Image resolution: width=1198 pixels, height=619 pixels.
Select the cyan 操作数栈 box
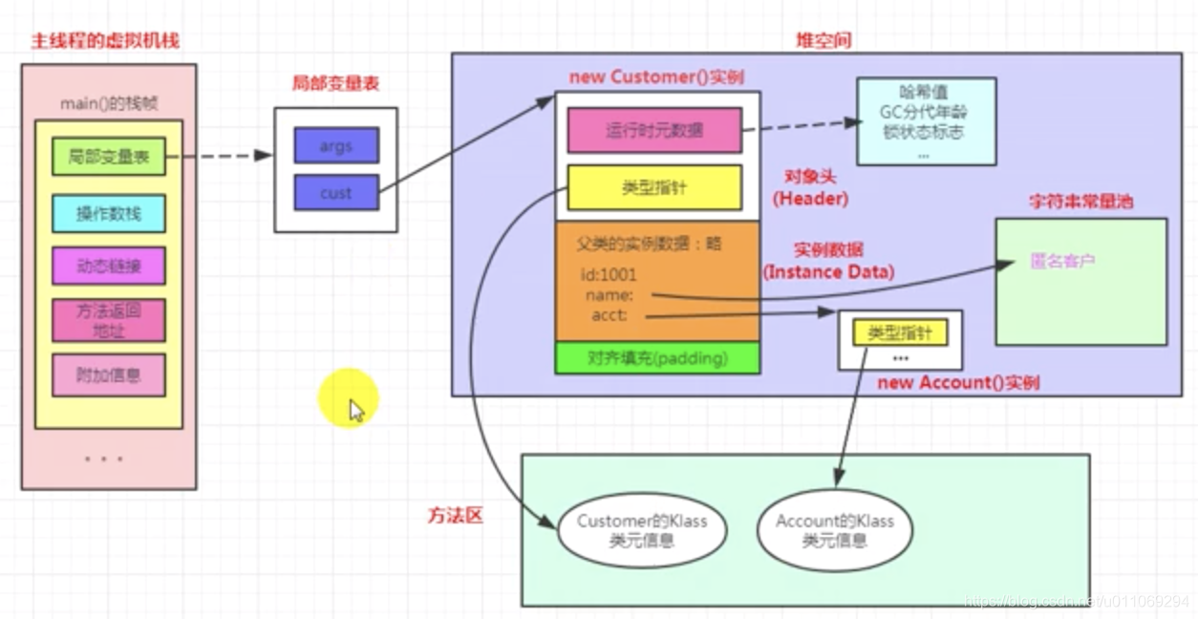point(108,213)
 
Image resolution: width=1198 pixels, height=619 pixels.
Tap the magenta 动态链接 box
point(108,266)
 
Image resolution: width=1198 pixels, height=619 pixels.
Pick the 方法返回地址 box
point(108,321)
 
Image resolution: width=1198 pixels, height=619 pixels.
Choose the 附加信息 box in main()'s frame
point(108,375)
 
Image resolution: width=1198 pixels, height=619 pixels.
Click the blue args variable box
point(335,146)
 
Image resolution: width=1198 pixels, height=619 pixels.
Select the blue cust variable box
point(335,192)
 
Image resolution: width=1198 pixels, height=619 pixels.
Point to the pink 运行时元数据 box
point(653,131)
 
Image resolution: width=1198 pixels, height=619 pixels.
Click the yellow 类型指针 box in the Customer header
point(653,187)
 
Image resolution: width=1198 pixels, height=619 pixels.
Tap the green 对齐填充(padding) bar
point(657,358)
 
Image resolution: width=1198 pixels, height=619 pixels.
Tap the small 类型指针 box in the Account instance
point(900,332)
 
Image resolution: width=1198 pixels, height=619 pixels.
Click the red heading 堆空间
point(823,40)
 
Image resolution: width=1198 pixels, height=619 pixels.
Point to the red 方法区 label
point(455,516)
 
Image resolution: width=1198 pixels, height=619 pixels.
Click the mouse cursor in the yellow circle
point(356,410)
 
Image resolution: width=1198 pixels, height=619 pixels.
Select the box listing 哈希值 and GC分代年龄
point(926,121)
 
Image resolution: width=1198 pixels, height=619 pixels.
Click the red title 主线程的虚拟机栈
point(105,41)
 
